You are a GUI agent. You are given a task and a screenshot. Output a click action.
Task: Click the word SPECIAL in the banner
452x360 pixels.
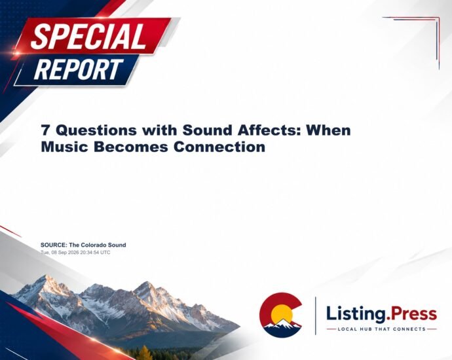[88, 36]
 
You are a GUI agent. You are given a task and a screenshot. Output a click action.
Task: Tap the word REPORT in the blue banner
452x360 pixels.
[79, 69]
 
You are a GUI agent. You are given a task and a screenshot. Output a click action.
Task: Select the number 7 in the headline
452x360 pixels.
[45, 130]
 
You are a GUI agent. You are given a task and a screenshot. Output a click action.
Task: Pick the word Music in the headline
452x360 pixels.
[65, 147]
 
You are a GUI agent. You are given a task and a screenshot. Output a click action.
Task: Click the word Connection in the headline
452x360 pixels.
[219, 147]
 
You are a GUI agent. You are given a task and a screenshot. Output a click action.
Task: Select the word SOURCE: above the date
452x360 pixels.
[54, 245]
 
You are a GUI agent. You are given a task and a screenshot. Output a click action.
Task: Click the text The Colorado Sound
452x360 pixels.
[98, 245]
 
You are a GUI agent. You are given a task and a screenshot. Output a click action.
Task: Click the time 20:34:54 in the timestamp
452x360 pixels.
[85, 252]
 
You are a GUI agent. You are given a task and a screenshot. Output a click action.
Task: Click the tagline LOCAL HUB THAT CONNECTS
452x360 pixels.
[381, 329]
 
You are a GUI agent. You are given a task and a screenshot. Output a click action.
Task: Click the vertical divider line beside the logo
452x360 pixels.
[315, 315]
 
